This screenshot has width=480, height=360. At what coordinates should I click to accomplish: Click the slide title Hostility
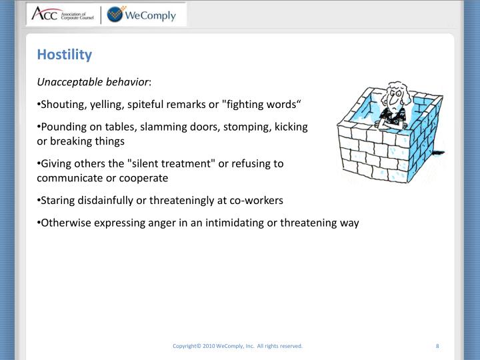(64, 55)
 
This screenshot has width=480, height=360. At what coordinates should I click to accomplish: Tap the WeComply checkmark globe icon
(117, 14)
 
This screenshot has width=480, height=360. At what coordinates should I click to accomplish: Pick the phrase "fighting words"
(263, 104)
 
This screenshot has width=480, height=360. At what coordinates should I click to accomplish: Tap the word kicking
(291, 127)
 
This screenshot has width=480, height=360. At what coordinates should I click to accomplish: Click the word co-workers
(257, 200)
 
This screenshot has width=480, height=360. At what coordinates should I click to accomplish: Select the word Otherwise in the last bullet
(65, 223)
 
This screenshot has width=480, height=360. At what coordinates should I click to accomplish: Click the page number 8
(437, 346)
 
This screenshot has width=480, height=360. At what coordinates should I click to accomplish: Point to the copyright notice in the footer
(237, 346)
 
